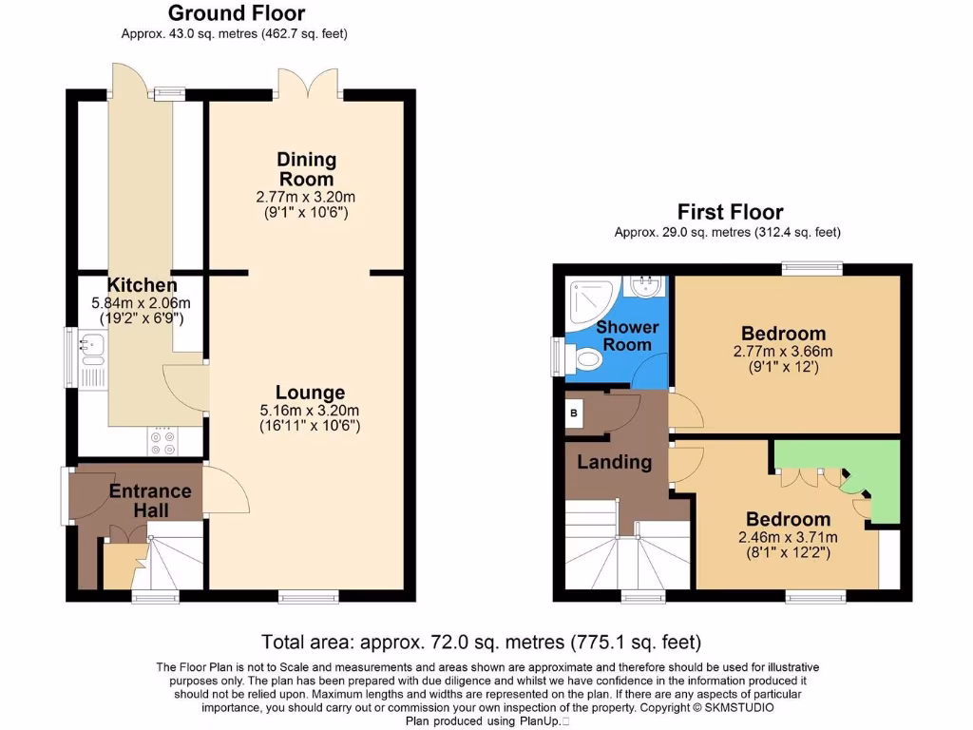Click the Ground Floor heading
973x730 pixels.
[x=237, y=13]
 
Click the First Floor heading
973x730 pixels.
[x=730, y=211]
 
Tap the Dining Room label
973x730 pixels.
[x=306, y=169]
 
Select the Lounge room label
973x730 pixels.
[x=311, y=393]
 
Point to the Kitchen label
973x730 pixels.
[x=142, y=285]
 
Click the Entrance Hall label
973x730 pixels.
[x=150, y=501]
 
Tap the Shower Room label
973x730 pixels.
[x=627, y=336]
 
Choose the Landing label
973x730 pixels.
[x=615, y=463]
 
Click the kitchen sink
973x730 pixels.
[x=92, y=347]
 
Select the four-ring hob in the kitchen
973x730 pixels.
[x=162, y=440]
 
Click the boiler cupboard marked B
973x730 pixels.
[x=574, y=414]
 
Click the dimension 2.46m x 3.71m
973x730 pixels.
[x=788, y=537]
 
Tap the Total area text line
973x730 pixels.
[x=481, y=643]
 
